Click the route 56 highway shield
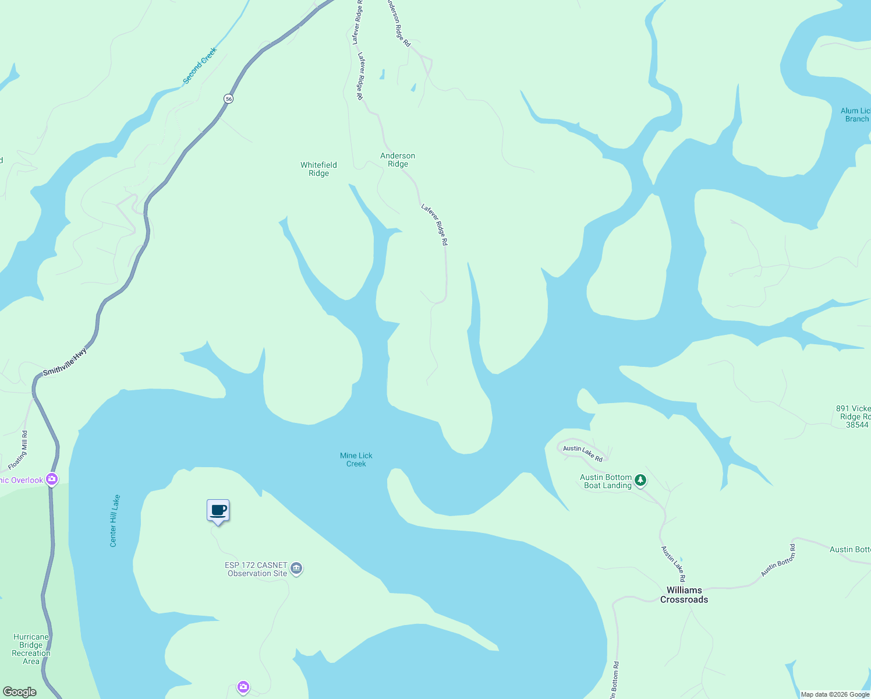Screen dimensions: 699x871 point(229,99)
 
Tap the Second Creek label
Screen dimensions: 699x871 point(200,66)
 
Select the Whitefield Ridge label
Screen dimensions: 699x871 point(318,169)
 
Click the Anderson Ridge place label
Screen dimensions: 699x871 point(398,160)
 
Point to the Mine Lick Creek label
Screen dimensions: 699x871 point(356,460)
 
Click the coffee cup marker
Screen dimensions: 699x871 point(218,511)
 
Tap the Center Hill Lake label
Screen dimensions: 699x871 point(115,521)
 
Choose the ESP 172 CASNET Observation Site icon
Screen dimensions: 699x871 point(296,569)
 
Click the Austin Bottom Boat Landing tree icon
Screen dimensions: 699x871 point(640,480)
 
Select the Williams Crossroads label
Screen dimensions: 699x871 point(684,595)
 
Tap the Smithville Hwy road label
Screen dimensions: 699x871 point(65,362)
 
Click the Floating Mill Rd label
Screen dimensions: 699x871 point(18,450)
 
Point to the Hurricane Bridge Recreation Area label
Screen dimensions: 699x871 point(31,649)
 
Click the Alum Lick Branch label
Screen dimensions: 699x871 point(856,115)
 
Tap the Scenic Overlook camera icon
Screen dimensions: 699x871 point(52,479)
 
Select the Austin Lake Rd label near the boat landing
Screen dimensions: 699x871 point(583,453)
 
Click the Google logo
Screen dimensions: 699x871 point(19,692)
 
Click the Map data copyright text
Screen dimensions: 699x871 point(835,694)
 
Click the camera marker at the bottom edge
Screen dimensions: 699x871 point(243,687)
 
